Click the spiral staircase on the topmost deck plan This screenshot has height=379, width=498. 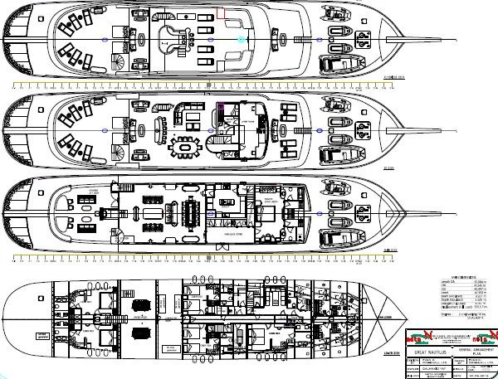point(123,59)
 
